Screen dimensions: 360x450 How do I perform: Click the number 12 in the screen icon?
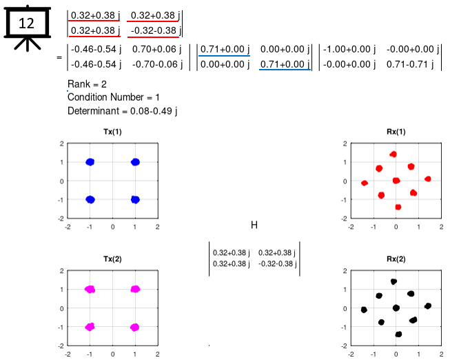(x=26, y=23)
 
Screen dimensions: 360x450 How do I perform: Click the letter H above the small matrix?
(x=254, y=225)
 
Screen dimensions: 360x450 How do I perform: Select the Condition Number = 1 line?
(x=113, y=97)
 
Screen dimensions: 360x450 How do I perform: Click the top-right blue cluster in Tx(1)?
(x=135, y=162)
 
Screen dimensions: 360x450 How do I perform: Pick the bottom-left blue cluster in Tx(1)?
(x=90, y=199)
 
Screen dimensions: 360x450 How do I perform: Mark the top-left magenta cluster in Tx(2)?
(x=90, y=290)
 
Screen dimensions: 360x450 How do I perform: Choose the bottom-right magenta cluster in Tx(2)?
(x=135, y=327)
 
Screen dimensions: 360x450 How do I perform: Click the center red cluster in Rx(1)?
(x=396, y=181)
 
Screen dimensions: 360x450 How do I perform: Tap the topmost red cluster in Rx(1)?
(x=393, y=154)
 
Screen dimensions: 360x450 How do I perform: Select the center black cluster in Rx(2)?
(x=396, y=308)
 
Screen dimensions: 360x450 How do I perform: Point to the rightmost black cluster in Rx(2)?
(x=428, y=306)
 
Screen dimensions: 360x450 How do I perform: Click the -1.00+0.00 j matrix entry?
(x=349, y=50)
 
